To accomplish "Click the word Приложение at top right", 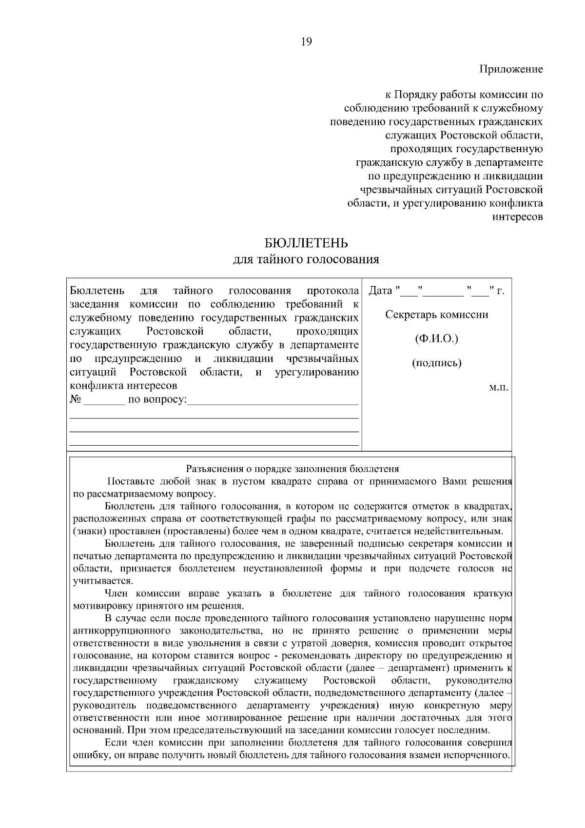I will click(511, 69).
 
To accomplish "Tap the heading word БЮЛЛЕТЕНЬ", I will click(306, 243).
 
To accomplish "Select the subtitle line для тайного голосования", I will click(306, 259).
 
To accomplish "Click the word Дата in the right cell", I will click(380, 291).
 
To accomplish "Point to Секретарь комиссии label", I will click(437, 315).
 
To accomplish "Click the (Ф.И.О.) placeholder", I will click(437, 339).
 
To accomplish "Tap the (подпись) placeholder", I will click(437, 363).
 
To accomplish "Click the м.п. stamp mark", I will click(498, 388).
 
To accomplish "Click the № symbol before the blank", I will click(75, 400).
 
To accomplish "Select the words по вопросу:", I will click(157, 400).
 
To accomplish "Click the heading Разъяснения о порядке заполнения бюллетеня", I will click(293, 469).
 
